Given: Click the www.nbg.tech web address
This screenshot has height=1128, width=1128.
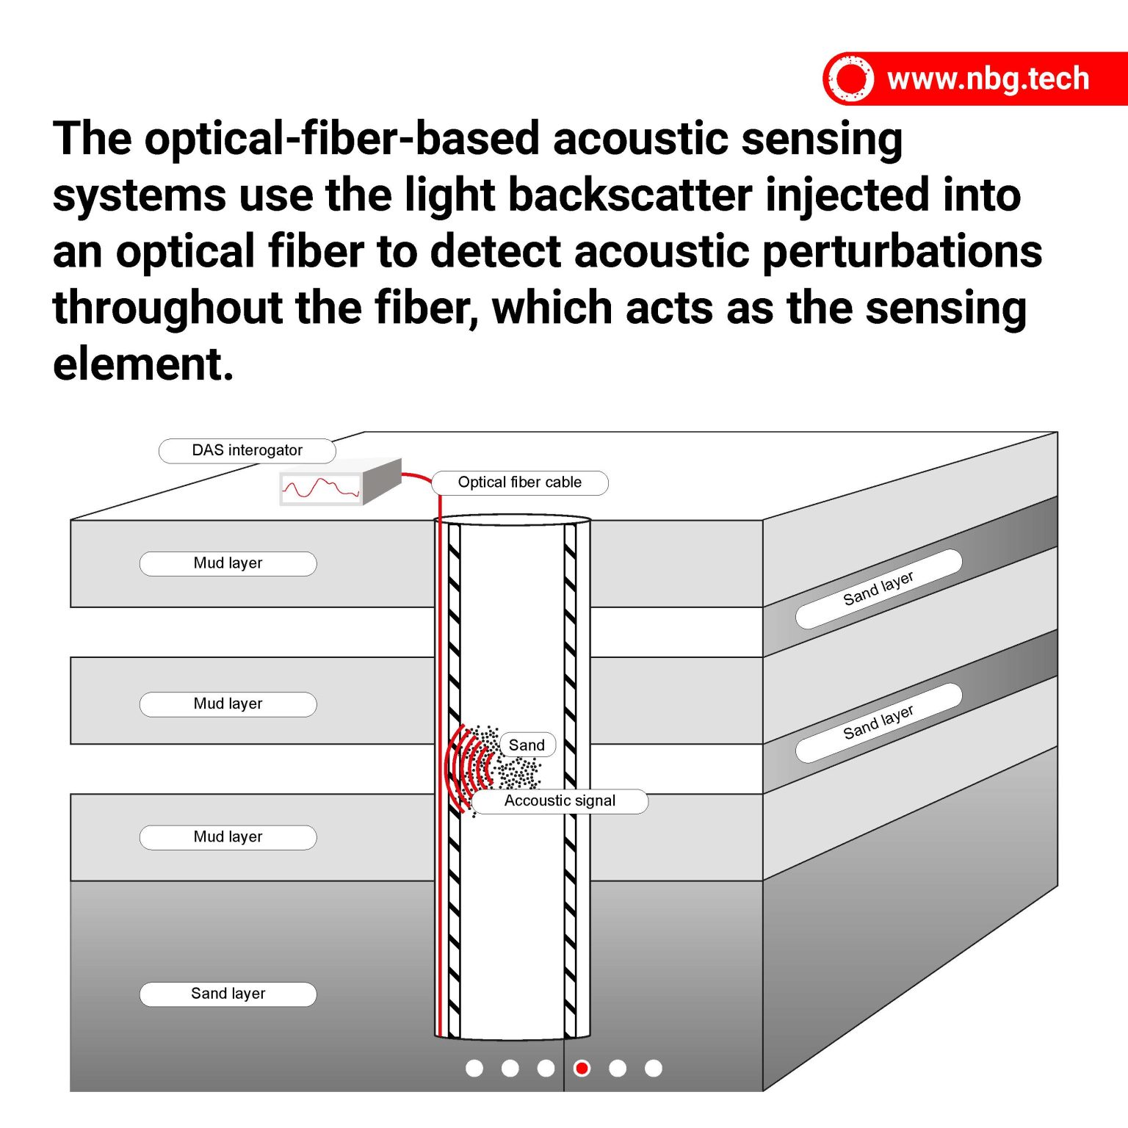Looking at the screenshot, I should pos(987,79).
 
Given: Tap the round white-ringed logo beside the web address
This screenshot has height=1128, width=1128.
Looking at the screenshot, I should pos(850,79).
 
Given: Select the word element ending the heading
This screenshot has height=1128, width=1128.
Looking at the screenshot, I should pos(142,364).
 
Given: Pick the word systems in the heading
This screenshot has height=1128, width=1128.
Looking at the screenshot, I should pos(139,197).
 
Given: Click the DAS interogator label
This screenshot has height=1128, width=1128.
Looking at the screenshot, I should pos(247,450).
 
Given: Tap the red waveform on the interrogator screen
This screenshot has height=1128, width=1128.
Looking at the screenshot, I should pos(320,488).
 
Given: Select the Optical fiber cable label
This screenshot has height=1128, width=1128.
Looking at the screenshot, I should pos(519,482).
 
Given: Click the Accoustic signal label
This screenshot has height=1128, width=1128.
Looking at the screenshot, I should pos(560,801).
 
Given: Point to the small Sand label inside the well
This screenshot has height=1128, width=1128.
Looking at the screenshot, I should pos(527,745).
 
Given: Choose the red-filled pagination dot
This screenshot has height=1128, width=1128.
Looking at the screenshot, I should pos(582,1068).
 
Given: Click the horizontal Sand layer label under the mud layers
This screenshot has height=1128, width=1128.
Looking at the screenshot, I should pos(228,994).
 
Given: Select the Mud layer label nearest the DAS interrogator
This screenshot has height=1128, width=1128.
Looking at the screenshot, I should pos(228,563).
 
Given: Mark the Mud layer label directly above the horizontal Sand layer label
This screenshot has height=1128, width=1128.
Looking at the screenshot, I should pos(228,837).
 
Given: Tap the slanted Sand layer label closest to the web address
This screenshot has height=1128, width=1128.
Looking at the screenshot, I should pos(878,588).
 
